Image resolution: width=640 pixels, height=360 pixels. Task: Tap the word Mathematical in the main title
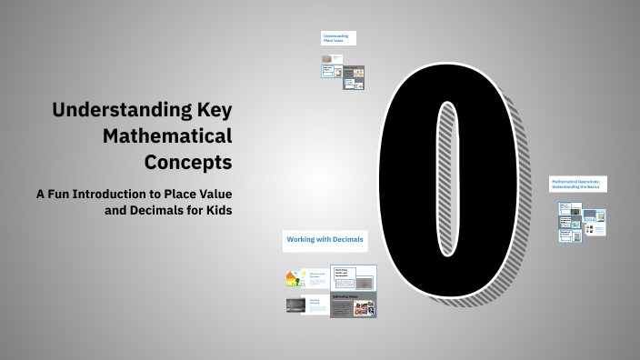click(167, 137)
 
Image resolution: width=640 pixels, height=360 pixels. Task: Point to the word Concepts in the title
click(187, 163)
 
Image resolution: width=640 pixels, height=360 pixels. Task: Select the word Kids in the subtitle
click(215, 210)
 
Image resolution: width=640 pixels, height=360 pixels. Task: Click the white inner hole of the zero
click(445, 177)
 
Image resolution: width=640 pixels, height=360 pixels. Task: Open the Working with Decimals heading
click(325, 240)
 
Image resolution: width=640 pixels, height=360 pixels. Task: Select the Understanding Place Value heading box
click(337, 38)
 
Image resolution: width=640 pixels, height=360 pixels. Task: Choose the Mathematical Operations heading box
click(576, 185)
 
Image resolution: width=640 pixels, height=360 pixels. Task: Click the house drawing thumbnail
click(295, 278)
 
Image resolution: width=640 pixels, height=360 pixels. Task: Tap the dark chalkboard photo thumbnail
click(295, 305)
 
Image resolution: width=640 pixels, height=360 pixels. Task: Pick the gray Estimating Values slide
click(353, 305)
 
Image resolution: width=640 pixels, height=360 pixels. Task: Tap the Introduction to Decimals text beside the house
click(317, 275)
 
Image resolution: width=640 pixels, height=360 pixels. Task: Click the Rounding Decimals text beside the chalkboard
click(317, 303)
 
